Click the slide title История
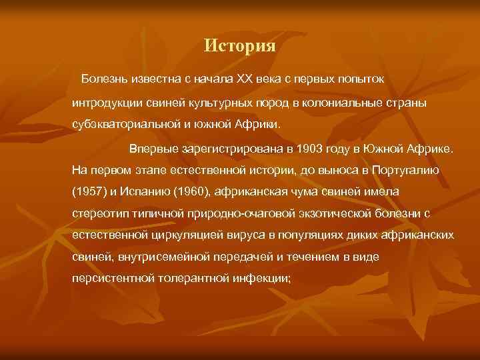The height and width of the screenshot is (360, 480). click(x=239, y=46)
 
